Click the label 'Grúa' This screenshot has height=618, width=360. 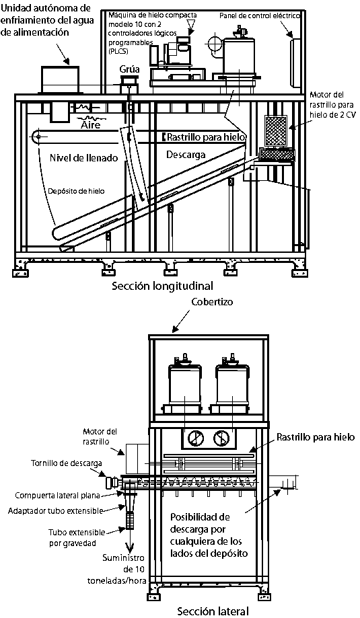[x=129, y=70]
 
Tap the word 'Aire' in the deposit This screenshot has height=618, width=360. [x=90, y=125]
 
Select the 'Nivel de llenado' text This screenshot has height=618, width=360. [x=84, y=158]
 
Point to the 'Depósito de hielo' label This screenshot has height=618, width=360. [x=77, y=191]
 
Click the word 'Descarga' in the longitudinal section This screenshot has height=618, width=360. [x=185, y=155]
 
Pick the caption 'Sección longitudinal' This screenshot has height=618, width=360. [x=162, y=285]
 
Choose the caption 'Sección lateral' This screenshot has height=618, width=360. [x=213, y=611]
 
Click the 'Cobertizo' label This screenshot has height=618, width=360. [x=212, y=302]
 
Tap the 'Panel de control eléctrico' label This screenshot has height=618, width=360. [x=260, y=15]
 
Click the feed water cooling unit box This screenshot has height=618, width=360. [x=60, y=80]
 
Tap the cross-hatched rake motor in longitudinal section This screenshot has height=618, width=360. [x=276, y=130]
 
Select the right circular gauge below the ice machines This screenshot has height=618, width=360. [x=221, y=438]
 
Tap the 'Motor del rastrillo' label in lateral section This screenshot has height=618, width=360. [x=100, y=436]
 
